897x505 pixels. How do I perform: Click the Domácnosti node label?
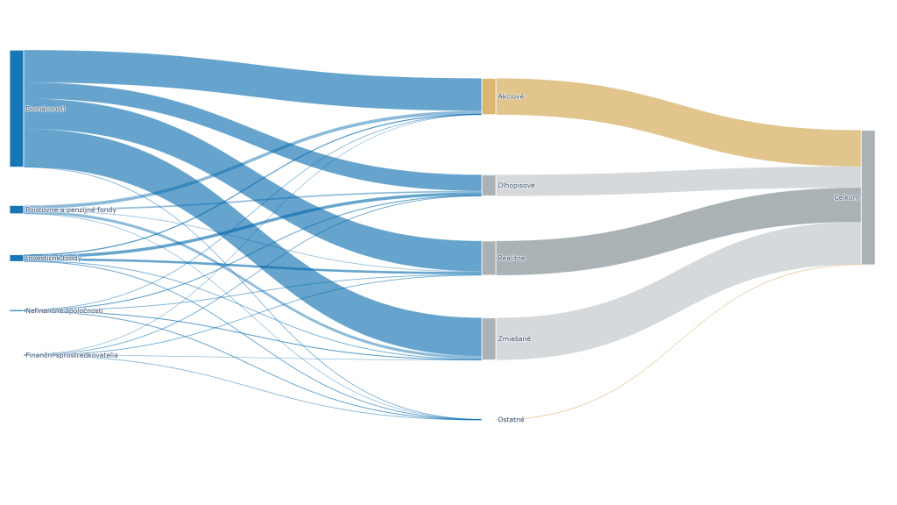tap(46, 109)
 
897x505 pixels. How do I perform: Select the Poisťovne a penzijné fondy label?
tap(70, 210)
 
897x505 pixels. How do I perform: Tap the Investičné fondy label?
tap(53, 259)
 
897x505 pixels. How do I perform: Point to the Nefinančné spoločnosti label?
tap(64, 311)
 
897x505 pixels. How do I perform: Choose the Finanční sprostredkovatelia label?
tap(71, 355)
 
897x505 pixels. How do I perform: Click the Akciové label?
tap(511, 96)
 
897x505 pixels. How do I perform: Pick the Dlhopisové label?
tap(516, 186)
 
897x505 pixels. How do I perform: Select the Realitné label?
tap(512, 259)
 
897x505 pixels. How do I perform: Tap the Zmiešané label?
tap(514, 339)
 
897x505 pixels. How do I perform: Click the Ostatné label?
tap(511, 420)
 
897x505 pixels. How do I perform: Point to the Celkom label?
tap(846, 198)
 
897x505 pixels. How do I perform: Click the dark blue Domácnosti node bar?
tap(17, 108)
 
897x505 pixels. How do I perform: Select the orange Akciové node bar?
tap(489, 96)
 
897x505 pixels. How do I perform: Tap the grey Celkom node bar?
tap(868, 197)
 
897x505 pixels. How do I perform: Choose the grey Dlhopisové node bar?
tap(489, 185)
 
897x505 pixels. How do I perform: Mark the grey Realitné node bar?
tap(489, 258)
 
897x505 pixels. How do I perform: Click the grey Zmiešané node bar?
tap(489, 338)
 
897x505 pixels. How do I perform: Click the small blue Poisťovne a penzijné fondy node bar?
tap(17, 210)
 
